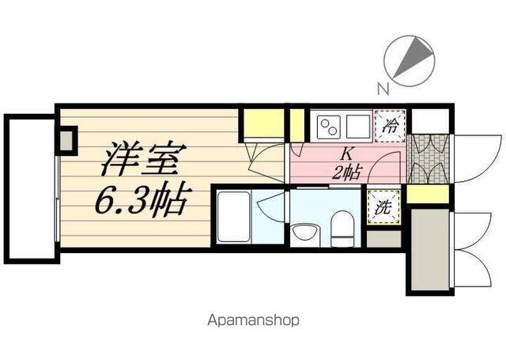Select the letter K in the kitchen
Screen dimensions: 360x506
(x=346, y=155)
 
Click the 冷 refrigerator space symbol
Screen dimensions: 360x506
(x=390, y=124)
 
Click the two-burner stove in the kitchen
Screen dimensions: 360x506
(x=327, y=125)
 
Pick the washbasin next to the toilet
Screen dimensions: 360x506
(x=303, y=232)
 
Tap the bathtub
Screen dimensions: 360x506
(x=236, y=217)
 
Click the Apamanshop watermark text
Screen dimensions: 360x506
(x=253, y=321)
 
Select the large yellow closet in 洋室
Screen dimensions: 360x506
(x=262, y=124)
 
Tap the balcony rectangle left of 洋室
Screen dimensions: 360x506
(x=30, y=188)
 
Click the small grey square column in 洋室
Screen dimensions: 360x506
(x=66, y=141)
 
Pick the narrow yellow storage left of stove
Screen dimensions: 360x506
(x=296, y=124)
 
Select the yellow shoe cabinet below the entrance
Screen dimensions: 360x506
(x=429, y=195)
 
